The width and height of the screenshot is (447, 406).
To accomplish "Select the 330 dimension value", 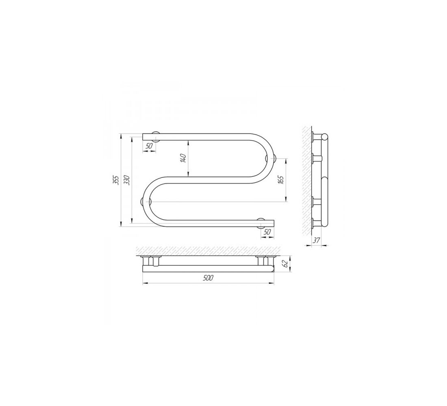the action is tap(127, 181).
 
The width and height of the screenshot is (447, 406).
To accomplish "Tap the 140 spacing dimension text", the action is tap(183, 158).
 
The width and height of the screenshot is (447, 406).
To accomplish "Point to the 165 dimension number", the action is tap(280, 180).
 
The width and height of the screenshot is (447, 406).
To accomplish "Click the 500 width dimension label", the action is tap(208, 278).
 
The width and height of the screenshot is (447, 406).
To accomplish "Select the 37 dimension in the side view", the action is tap(316, 240).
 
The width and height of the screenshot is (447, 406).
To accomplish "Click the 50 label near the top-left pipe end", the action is tap(149, 146).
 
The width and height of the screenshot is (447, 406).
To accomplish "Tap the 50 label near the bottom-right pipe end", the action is tap(267, 233).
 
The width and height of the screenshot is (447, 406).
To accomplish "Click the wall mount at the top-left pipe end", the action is tap(156, 137).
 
